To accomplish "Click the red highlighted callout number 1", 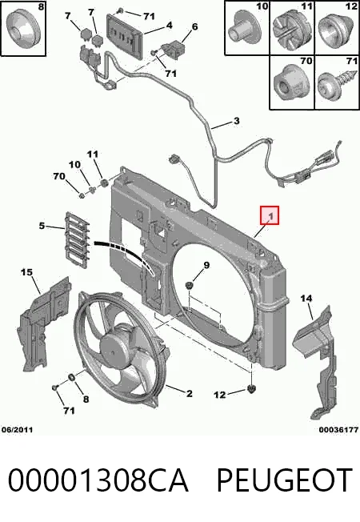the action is pos(270,215).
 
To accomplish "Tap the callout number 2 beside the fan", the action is pos(190,393).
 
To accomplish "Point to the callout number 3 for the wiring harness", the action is pos(236,121).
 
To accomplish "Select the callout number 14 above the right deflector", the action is pos(306,298).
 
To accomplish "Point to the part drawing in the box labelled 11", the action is pos(290,28).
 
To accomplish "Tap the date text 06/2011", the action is pos(18,430).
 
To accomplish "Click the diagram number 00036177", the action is pos(338,430).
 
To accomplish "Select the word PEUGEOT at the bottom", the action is pos(285,480).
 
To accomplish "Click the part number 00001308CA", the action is pos(98,480).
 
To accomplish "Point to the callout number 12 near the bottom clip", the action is pos(219,395).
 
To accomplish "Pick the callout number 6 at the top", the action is pos(195,26).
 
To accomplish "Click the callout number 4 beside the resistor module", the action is pos(169,26).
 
